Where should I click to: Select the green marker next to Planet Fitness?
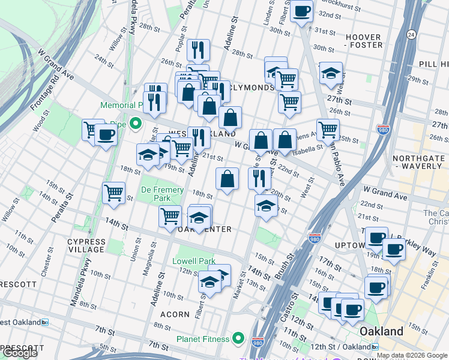coord(238,339)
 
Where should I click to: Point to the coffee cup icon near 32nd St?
coord(301,11)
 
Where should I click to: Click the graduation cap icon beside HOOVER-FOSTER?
coord(331,73)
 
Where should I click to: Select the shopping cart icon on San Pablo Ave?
coord(328,128)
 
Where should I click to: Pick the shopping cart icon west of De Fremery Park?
coord(113,193)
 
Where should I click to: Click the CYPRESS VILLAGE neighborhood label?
coord(86,245)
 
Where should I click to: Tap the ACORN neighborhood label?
coord(175,314)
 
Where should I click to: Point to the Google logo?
coord(20,353)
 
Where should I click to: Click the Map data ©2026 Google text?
coord(412,355)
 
